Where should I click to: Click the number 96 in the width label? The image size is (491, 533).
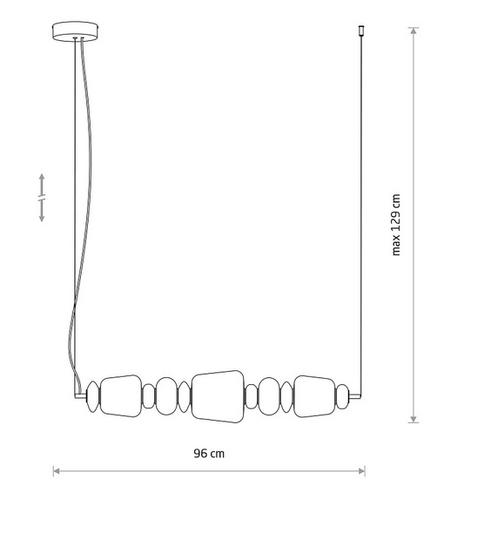click(200, 453)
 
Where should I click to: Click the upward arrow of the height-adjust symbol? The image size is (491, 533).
click(42, 181)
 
